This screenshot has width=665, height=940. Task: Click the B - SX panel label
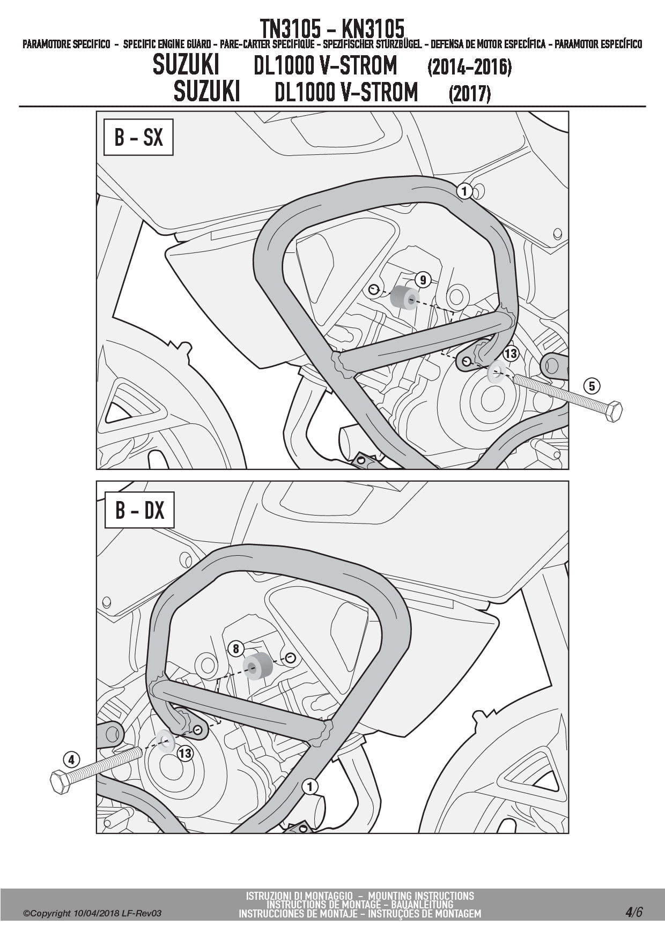pos(138,137)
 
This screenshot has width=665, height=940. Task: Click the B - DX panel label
pos(139,510)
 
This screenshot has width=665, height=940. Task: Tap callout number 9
pos(423,279)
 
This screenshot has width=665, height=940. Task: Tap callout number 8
pos(236,649)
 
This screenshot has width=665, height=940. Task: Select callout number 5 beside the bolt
pos(592,386)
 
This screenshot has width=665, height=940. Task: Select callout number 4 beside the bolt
pos(71,759)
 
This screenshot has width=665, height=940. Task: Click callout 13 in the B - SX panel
pos(511,354)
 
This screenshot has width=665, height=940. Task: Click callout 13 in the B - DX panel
pos(184,754)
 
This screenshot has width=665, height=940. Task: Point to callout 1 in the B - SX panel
pos(464,191)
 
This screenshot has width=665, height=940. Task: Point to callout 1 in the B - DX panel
pos(309,787)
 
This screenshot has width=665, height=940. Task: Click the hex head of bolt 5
pos(612,411)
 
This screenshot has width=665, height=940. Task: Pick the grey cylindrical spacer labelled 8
pos(257,666)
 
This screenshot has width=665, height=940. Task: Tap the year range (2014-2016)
pos(469,67)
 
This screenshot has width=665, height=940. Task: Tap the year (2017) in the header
pos(469,94)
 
